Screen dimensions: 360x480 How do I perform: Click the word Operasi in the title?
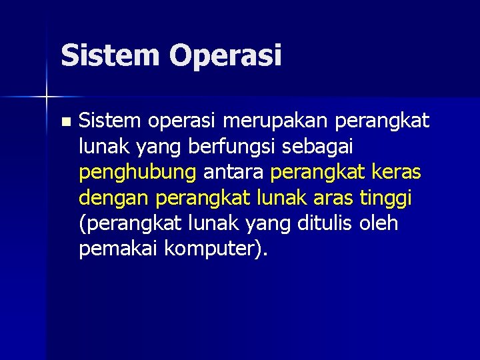coord(225,56)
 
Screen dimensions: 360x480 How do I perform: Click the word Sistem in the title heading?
coord(109,55)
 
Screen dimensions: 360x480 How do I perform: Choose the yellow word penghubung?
coord(137,173)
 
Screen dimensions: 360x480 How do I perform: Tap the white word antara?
coord(234,172)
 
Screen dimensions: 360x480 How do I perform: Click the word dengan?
coord(113,199)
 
